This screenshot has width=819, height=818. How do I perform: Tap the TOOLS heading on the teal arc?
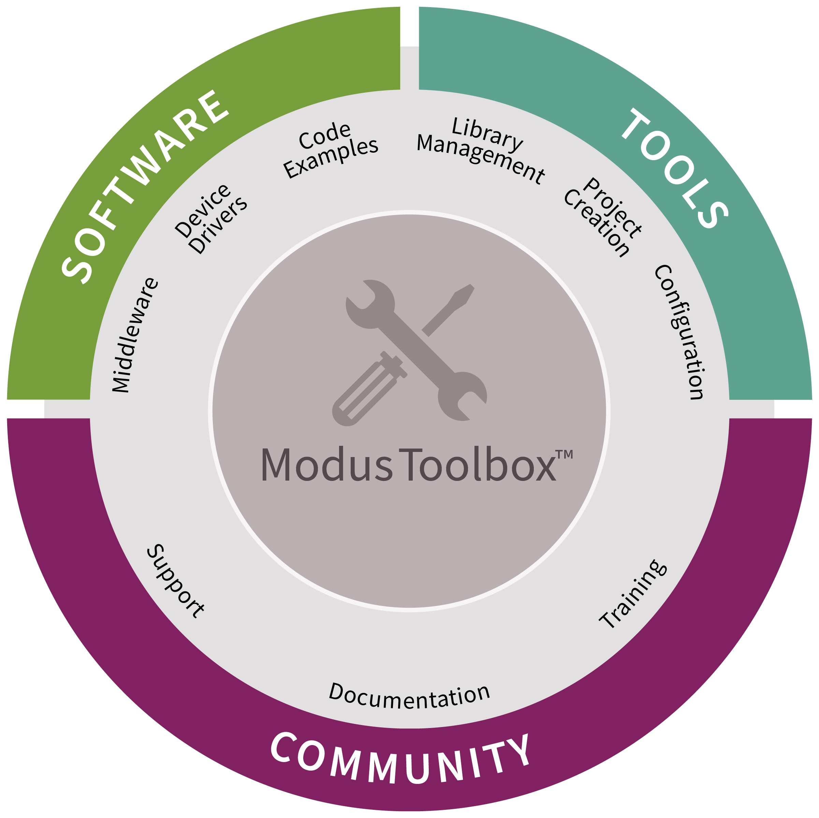point(674,167)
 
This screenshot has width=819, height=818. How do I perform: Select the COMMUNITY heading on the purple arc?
point(400,758)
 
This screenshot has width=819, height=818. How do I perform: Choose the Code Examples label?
point(330,149)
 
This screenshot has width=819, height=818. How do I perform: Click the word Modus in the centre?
point(326,465)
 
